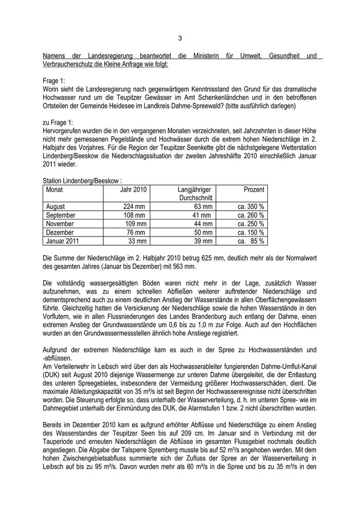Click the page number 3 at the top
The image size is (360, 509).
[x=180, y=38]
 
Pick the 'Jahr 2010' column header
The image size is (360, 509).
[x=133, y=189]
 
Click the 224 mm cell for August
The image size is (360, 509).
[x=135, y=207]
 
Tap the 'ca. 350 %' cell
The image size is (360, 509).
[x=250, y=207]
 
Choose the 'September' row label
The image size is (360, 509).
[x=61, y=215]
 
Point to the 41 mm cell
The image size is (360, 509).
[x=202, y=215]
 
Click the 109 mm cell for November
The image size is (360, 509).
[x=135, y=224]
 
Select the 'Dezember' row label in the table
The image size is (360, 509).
[x=60, y=232]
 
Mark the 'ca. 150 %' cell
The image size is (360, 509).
[x=250, y=232]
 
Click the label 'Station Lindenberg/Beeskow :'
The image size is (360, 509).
[x=82, y=180]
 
